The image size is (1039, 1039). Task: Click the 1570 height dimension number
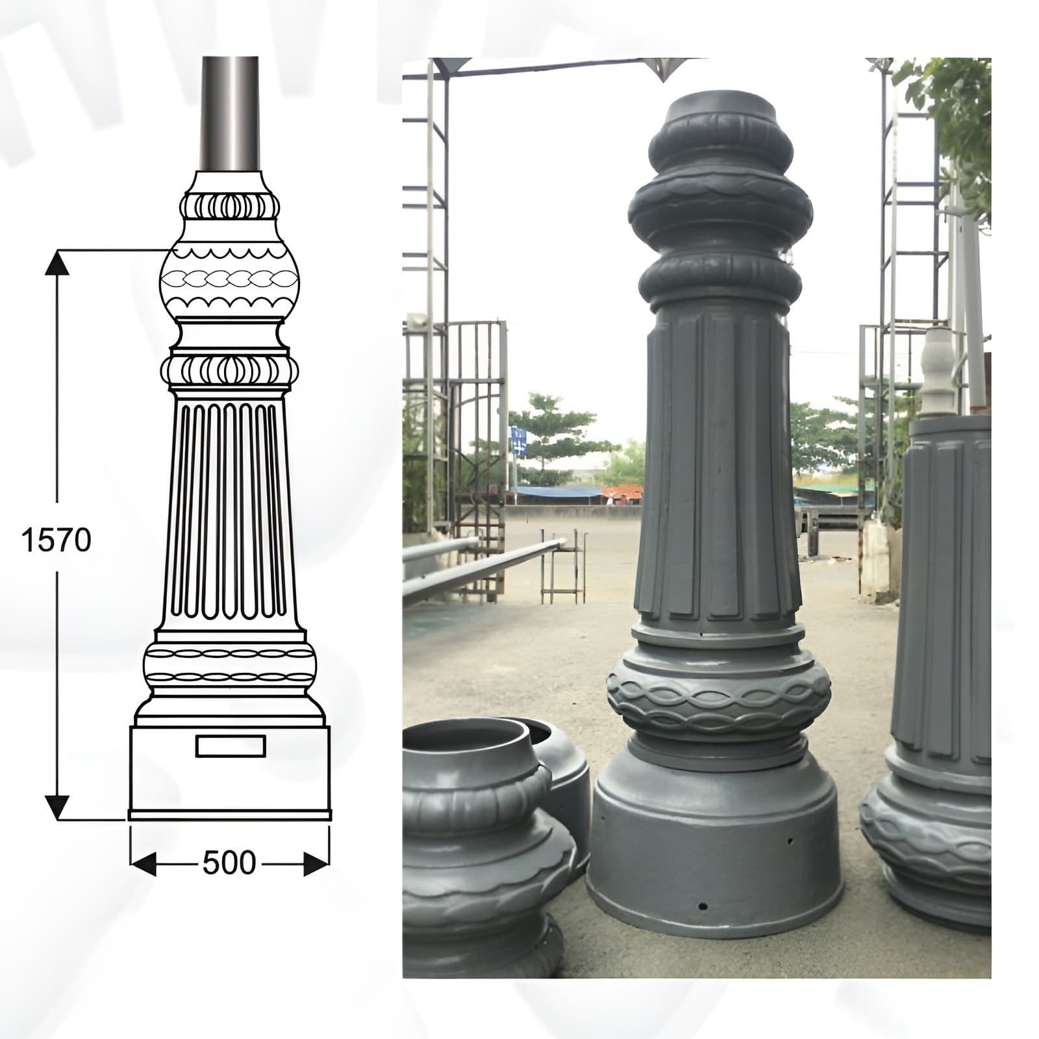pos(56,540)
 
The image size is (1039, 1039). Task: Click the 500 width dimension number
pos(229,863)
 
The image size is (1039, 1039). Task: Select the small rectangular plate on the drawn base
pos(230,746)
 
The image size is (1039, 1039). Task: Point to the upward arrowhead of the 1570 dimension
pos(57,263)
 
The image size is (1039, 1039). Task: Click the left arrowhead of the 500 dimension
pos(143,864)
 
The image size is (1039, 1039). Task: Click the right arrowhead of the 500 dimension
pos(316,864)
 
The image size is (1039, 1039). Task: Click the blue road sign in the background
pos(518,440)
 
